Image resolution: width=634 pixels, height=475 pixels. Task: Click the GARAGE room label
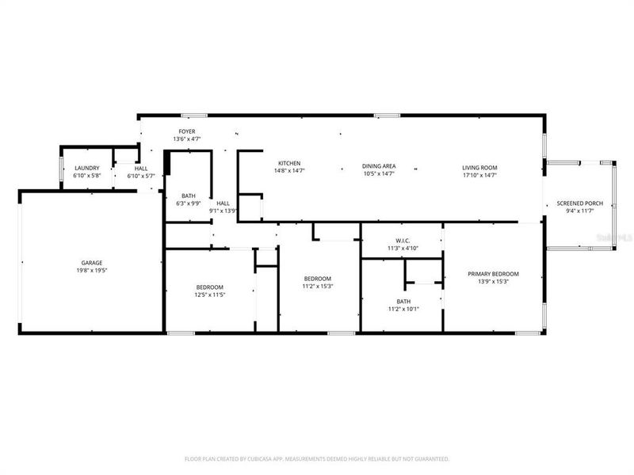coord(92,263)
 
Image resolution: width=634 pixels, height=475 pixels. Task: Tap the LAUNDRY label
coord(86,169)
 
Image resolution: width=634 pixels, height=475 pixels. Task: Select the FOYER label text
coord(186,131)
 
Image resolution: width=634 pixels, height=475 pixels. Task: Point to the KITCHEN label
coord(288,164)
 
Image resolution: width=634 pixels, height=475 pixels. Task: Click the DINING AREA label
coord(379,166)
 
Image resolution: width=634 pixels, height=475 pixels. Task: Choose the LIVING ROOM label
coord(479,167)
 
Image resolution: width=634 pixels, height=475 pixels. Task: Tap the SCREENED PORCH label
coord(579,203)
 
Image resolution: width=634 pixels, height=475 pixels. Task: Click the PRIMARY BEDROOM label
coord(493,274)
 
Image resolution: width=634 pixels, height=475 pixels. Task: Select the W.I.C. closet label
coord(402,241)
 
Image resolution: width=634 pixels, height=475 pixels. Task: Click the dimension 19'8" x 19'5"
coord(92,270)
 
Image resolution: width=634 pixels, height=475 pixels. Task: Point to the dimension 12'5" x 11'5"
coord(209,294)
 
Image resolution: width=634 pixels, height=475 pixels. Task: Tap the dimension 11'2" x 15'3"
coord(317,287)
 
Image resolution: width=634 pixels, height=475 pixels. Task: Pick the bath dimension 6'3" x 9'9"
coord(189,203)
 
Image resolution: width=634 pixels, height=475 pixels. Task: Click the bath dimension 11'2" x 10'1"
coord(403,309)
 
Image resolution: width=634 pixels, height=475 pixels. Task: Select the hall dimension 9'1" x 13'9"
coord(223,211)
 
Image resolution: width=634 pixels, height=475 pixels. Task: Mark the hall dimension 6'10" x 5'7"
coord(141,176)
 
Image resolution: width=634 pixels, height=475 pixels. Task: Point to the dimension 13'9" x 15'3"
coord(493,281)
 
